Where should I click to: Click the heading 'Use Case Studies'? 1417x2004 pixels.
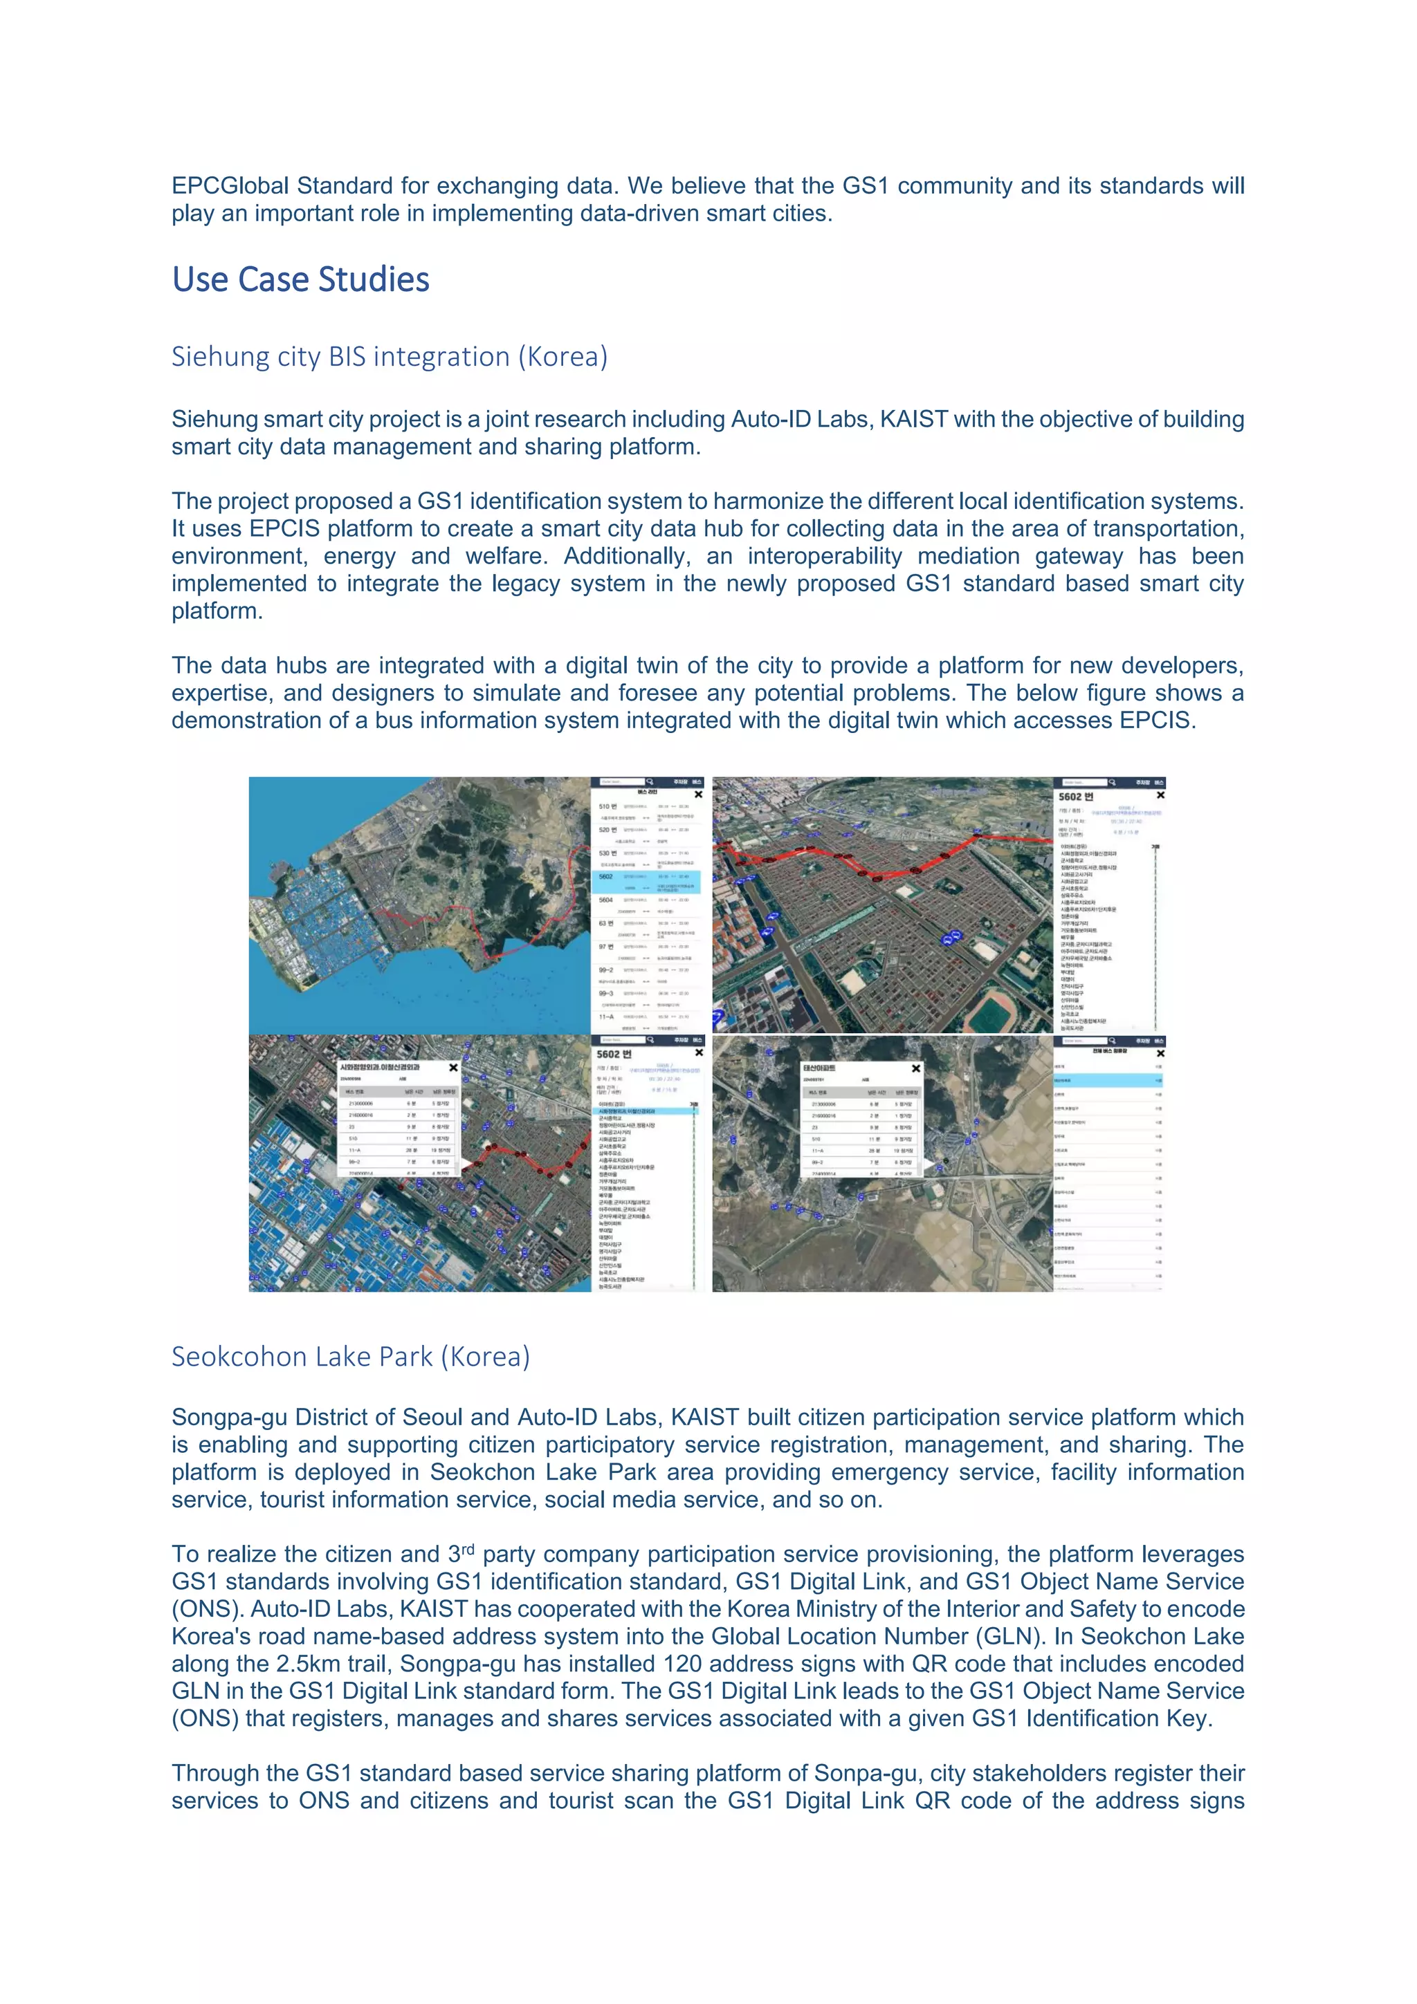(x=300, y=280)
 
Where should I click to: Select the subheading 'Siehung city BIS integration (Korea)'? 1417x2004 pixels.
(x=389, y=357)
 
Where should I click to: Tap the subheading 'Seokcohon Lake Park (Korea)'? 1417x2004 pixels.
(x=350, y=1357)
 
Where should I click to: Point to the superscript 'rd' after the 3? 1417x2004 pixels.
(x=467, y=1549)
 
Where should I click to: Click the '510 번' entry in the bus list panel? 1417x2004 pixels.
(x=607, y=806)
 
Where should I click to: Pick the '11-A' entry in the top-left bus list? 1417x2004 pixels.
(x=606, y=1017)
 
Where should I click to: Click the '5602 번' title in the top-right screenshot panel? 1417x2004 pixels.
(x=1076, y=797)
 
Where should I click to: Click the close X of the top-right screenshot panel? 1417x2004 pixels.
(x=1160, y=795)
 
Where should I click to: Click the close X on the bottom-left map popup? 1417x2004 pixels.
(x=453, y=1068)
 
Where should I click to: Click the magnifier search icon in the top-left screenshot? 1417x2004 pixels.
(x=650, y=782)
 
